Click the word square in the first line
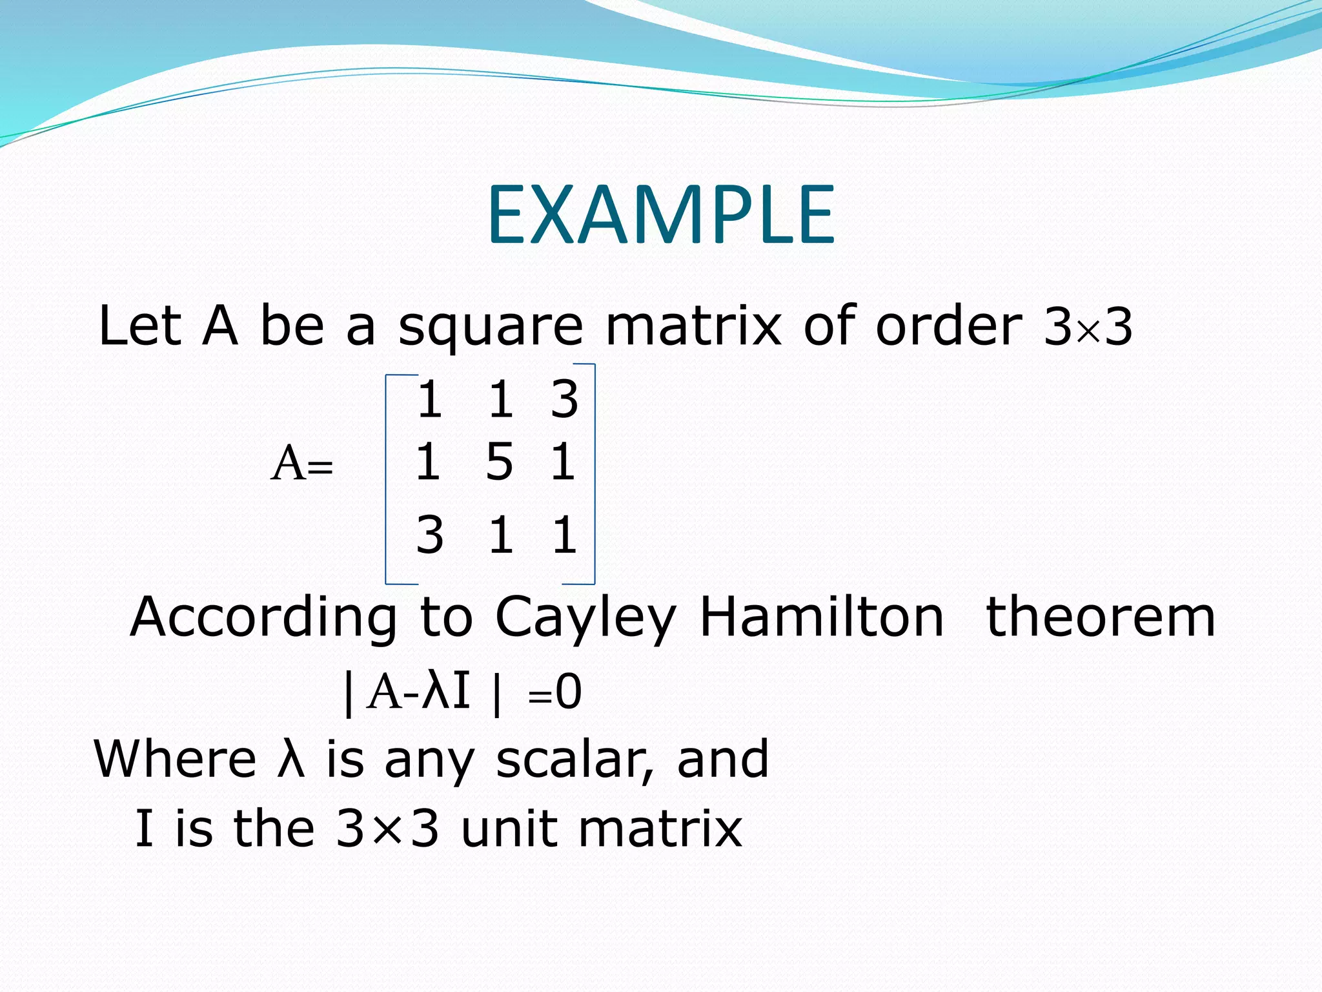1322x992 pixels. coord(491,327)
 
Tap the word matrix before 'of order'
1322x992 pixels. coord(693,325)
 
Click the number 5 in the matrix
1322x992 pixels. coord(500,462)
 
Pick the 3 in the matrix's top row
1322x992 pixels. coord(564,400)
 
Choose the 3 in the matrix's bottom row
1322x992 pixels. coord(430,535)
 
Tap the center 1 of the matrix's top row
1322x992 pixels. coord(501,400)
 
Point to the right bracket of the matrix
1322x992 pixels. coord(593,475)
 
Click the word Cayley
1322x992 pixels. coord(585,619)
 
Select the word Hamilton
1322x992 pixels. coord(821,617)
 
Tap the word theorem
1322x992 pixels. coord(1101,617)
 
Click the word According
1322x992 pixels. coord(263,619)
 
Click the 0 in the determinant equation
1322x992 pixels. coord(569,692)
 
